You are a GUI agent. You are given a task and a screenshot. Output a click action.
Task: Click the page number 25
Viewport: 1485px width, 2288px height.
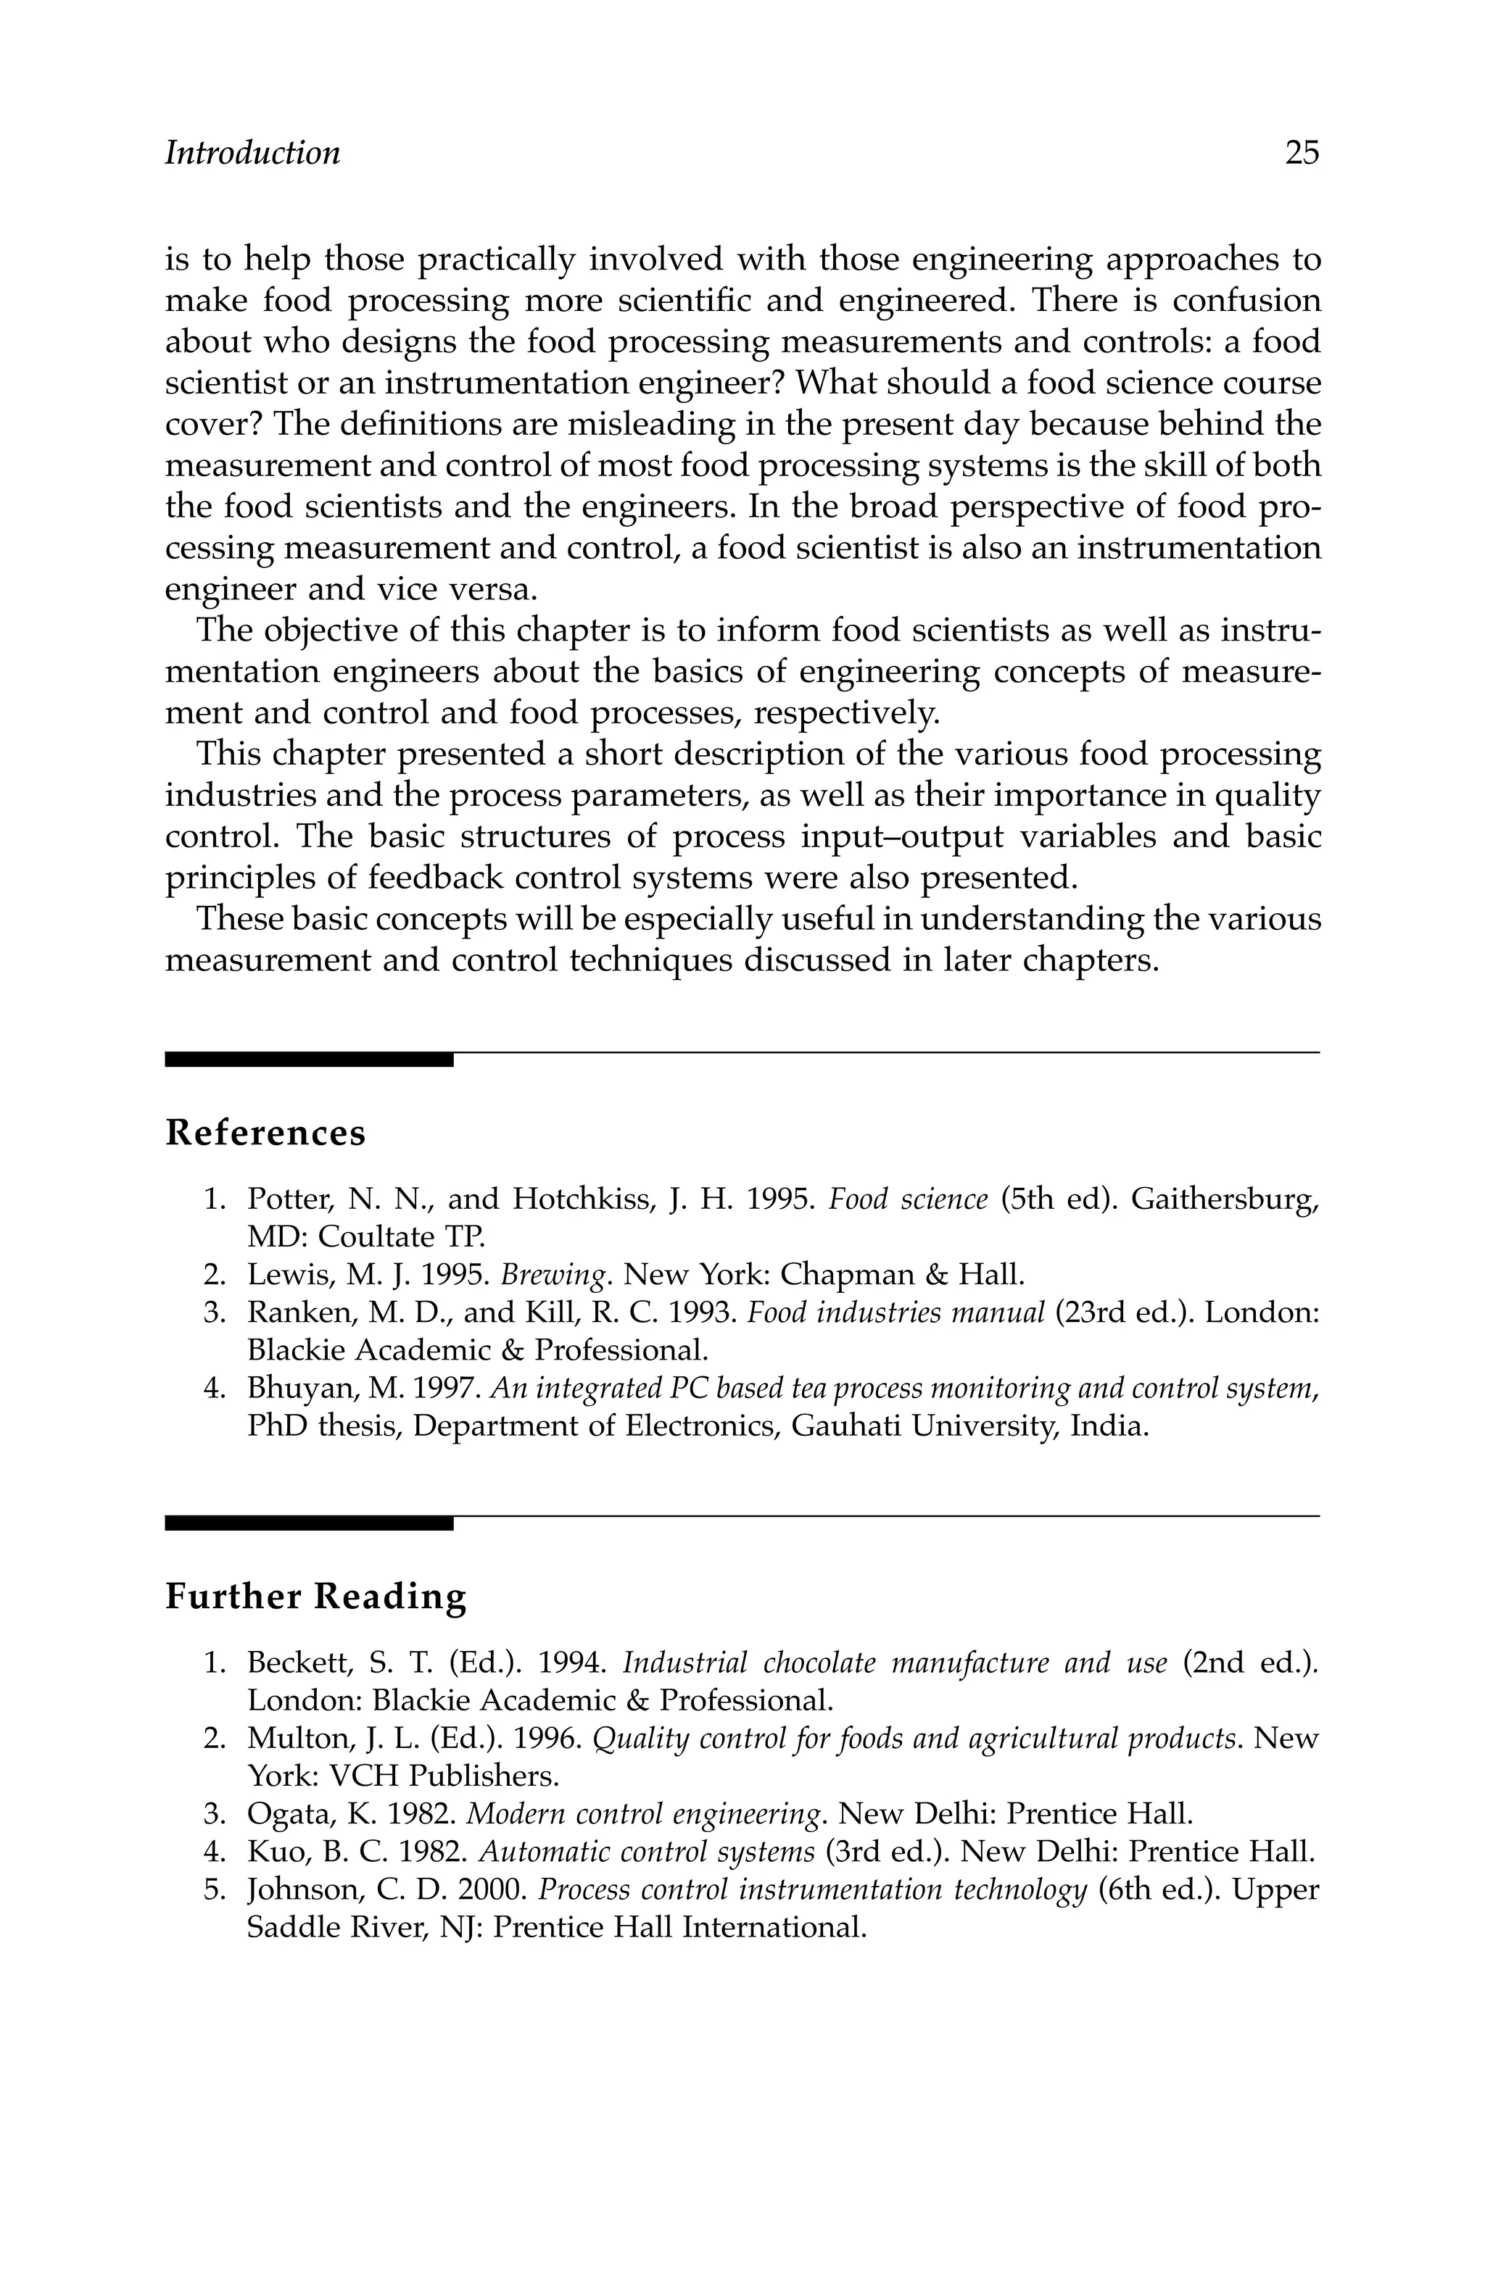1302,153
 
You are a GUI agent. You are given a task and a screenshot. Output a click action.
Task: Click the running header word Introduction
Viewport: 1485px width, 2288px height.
252,153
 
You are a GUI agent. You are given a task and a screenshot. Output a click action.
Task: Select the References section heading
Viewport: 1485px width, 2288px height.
265,1133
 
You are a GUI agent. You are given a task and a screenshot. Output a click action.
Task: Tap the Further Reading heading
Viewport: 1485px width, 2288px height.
315,1597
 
